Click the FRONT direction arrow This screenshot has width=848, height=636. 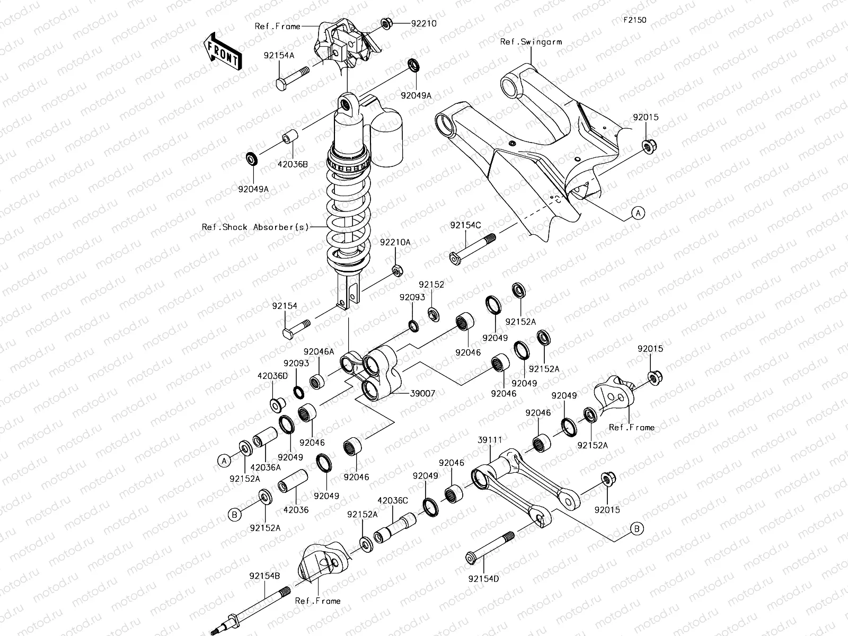[x=223, y=51]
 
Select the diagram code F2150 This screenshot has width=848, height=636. [x=634, y=20]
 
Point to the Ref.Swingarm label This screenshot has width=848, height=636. [x=531, y=42]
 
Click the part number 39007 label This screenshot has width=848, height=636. [x=422, y=394]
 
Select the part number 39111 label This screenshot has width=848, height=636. [x=490, y=440]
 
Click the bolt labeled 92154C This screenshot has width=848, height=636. [x=472, y=248]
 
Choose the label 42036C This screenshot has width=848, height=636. [x=392, y=500]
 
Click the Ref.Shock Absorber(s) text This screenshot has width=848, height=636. [x=255, y=227]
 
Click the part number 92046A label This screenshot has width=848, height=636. [x=319, y=351]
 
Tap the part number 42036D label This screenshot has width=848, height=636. [x=272, y=376]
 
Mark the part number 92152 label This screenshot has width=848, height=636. [x=431, y=285]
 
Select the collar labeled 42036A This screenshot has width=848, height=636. [x=266, y=439]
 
